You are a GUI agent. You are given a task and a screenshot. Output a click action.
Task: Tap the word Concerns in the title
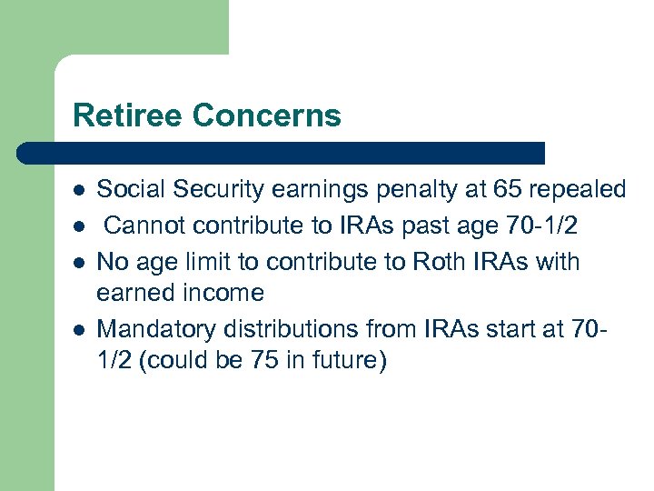coord(266,115)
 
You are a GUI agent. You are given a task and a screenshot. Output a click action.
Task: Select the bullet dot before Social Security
coord(79,191)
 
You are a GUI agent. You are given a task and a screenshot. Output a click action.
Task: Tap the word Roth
coord(441,261)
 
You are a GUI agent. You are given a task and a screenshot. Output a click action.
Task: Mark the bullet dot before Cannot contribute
coord(79,226)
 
